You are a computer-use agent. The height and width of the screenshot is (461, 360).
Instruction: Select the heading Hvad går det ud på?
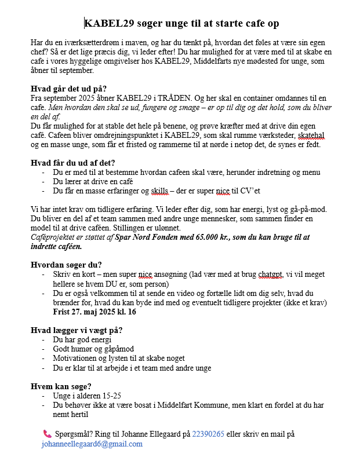(68, 89)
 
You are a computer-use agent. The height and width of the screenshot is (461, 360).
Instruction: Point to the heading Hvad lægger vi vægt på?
(77, 330)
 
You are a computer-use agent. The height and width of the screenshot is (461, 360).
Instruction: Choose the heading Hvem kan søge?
(60, 386)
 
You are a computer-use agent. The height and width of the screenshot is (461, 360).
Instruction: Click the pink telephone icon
(47, 434)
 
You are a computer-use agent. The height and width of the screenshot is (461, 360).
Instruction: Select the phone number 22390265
(208, 434)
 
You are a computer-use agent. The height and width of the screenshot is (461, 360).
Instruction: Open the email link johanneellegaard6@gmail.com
(92, 444)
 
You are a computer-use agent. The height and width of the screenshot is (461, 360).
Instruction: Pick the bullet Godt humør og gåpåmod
(93, 349)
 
